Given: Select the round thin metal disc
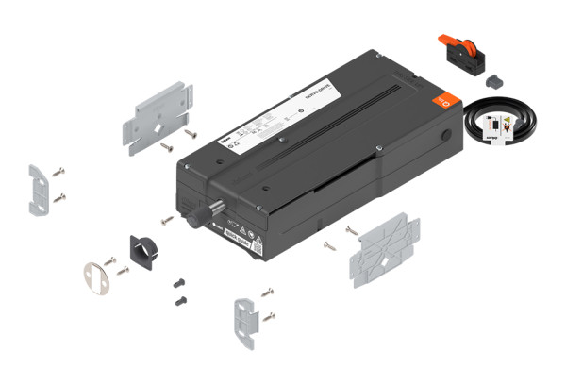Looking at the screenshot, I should [93, 276].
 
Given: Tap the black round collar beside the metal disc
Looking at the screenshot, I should [141, 249].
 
